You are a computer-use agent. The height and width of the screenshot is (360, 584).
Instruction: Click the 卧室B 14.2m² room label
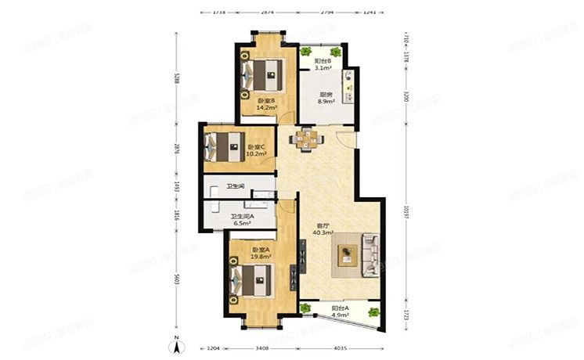266,104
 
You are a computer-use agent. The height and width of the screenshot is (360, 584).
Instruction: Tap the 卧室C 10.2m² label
257,150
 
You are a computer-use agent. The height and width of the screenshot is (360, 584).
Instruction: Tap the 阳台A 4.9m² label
340,311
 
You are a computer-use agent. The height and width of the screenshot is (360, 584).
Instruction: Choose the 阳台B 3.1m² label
323,64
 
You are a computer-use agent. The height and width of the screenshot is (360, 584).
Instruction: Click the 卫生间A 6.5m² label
240,220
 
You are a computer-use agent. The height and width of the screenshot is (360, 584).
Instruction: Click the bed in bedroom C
224,146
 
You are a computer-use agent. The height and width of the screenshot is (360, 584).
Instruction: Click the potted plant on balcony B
305,52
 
